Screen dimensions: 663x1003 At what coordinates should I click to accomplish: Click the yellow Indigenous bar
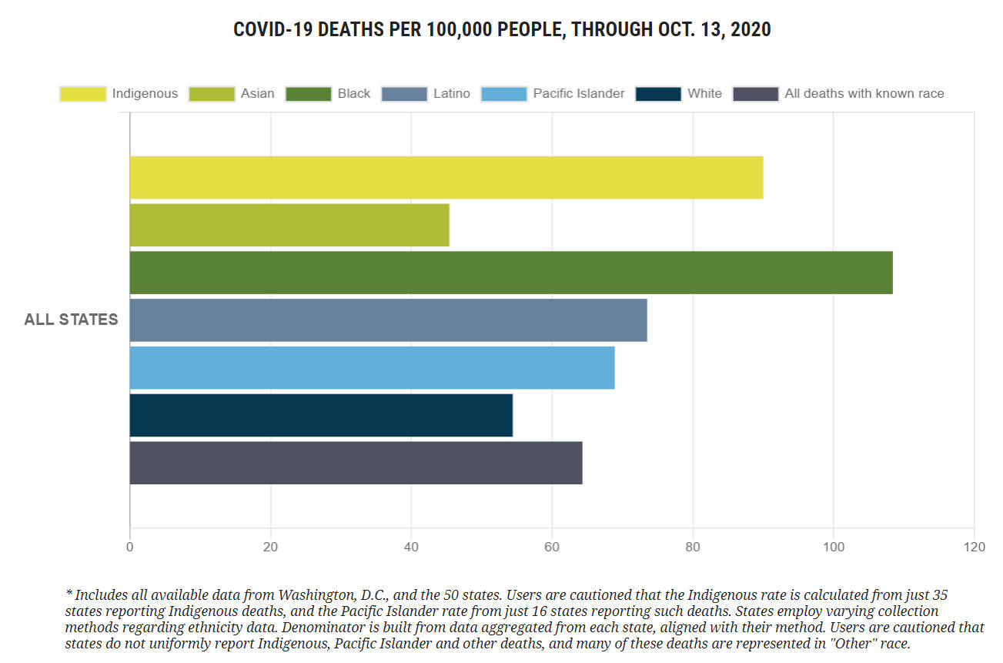(x=446, y=178)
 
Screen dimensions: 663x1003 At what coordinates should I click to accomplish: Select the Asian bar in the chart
(x=289, y=226)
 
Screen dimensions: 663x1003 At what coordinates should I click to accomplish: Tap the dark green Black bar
(x=511, y=273)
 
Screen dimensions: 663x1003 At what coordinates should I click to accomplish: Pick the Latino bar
(x=388, y=320)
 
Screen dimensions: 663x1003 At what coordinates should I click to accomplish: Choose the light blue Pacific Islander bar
(x=372, y=368)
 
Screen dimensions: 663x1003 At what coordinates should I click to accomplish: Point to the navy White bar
(x=321, y=415)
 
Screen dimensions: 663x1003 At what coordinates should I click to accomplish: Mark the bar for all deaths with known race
(x=356, y=463)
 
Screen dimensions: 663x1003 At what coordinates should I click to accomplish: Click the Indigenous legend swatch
(x=82, y=94)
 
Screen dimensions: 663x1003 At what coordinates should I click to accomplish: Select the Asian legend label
(x=257, y=94)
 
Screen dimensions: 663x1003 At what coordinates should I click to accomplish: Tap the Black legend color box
(x=308, y=94)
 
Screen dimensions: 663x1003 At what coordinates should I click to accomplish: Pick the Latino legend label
(x=451, y=94)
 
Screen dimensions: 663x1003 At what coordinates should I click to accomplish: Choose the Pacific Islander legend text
(x=579, y=94)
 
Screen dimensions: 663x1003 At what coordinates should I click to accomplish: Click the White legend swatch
(x=658, y=94)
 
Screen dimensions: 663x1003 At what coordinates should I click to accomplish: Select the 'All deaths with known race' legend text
(x=864, y=94)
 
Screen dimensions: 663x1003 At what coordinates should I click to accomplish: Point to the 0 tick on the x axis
(x=129, y=547)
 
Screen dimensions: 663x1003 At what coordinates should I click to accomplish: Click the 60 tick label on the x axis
(x=551, y=547)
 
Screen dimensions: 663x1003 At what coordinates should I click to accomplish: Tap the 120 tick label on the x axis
(x=974, y=547)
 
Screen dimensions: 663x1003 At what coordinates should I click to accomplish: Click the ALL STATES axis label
(x=71, y=320)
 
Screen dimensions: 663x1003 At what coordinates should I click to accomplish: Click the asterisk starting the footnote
(x=69, y=594)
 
